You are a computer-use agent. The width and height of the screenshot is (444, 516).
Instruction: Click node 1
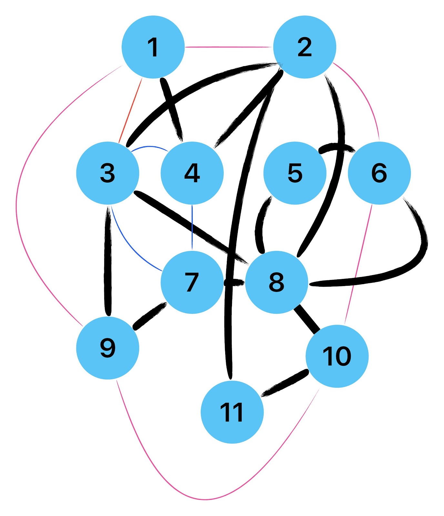tap(153, 47)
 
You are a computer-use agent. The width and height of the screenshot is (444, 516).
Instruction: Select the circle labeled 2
tap(305, 47)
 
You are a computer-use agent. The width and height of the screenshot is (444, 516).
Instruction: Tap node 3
tap(107, 173)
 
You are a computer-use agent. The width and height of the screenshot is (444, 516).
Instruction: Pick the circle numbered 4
tap(192, 173)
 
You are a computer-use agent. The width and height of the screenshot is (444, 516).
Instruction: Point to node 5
tap(295, 173)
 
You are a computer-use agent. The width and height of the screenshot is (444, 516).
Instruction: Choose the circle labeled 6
tap(379, 173)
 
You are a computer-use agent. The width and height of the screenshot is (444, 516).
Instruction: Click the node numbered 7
tap(192, 282)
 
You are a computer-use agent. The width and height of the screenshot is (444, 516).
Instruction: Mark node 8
tap(277, 282)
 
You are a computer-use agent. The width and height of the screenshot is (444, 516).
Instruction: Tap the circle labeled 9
tap(107, 348)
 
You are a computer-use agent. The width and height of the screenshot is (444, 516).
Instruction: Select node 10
tap(337, 356)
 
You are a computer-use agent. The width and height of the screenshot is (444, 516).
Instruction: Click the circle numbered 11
tap(232, 412)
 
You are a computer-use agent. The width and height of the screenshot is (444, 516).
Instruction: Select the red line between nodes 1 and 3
tap(131, 110)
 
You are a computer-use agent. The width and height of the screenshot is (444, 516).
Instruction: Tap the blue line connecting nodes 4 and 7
tap(192, 227)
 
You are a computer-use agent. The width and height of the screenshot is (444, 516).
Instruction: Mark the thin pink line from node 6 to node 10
tap(358, 264)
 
